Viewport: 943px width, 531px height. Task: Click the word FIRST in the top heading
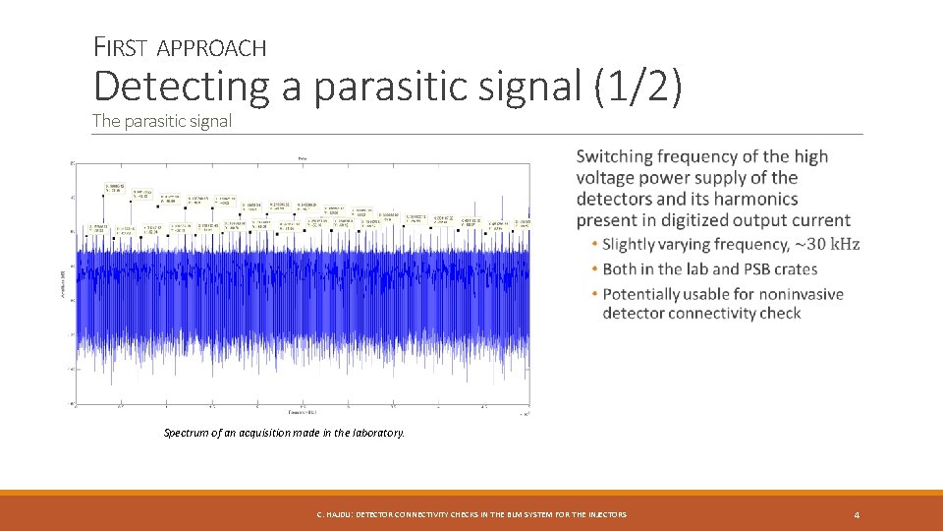point(120,46)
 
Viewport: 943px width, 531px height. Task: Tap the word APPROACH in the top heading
point(211,47)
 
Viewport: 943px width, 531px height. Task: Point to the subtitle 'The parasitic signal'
point(162,121)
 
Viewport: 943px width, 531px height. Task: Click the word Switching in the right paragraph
point(615,156)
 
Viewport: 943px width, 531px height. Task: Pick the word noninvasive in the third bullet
point(791,294)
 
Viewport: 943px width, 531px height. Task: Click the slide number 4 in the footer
point(857,514)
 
